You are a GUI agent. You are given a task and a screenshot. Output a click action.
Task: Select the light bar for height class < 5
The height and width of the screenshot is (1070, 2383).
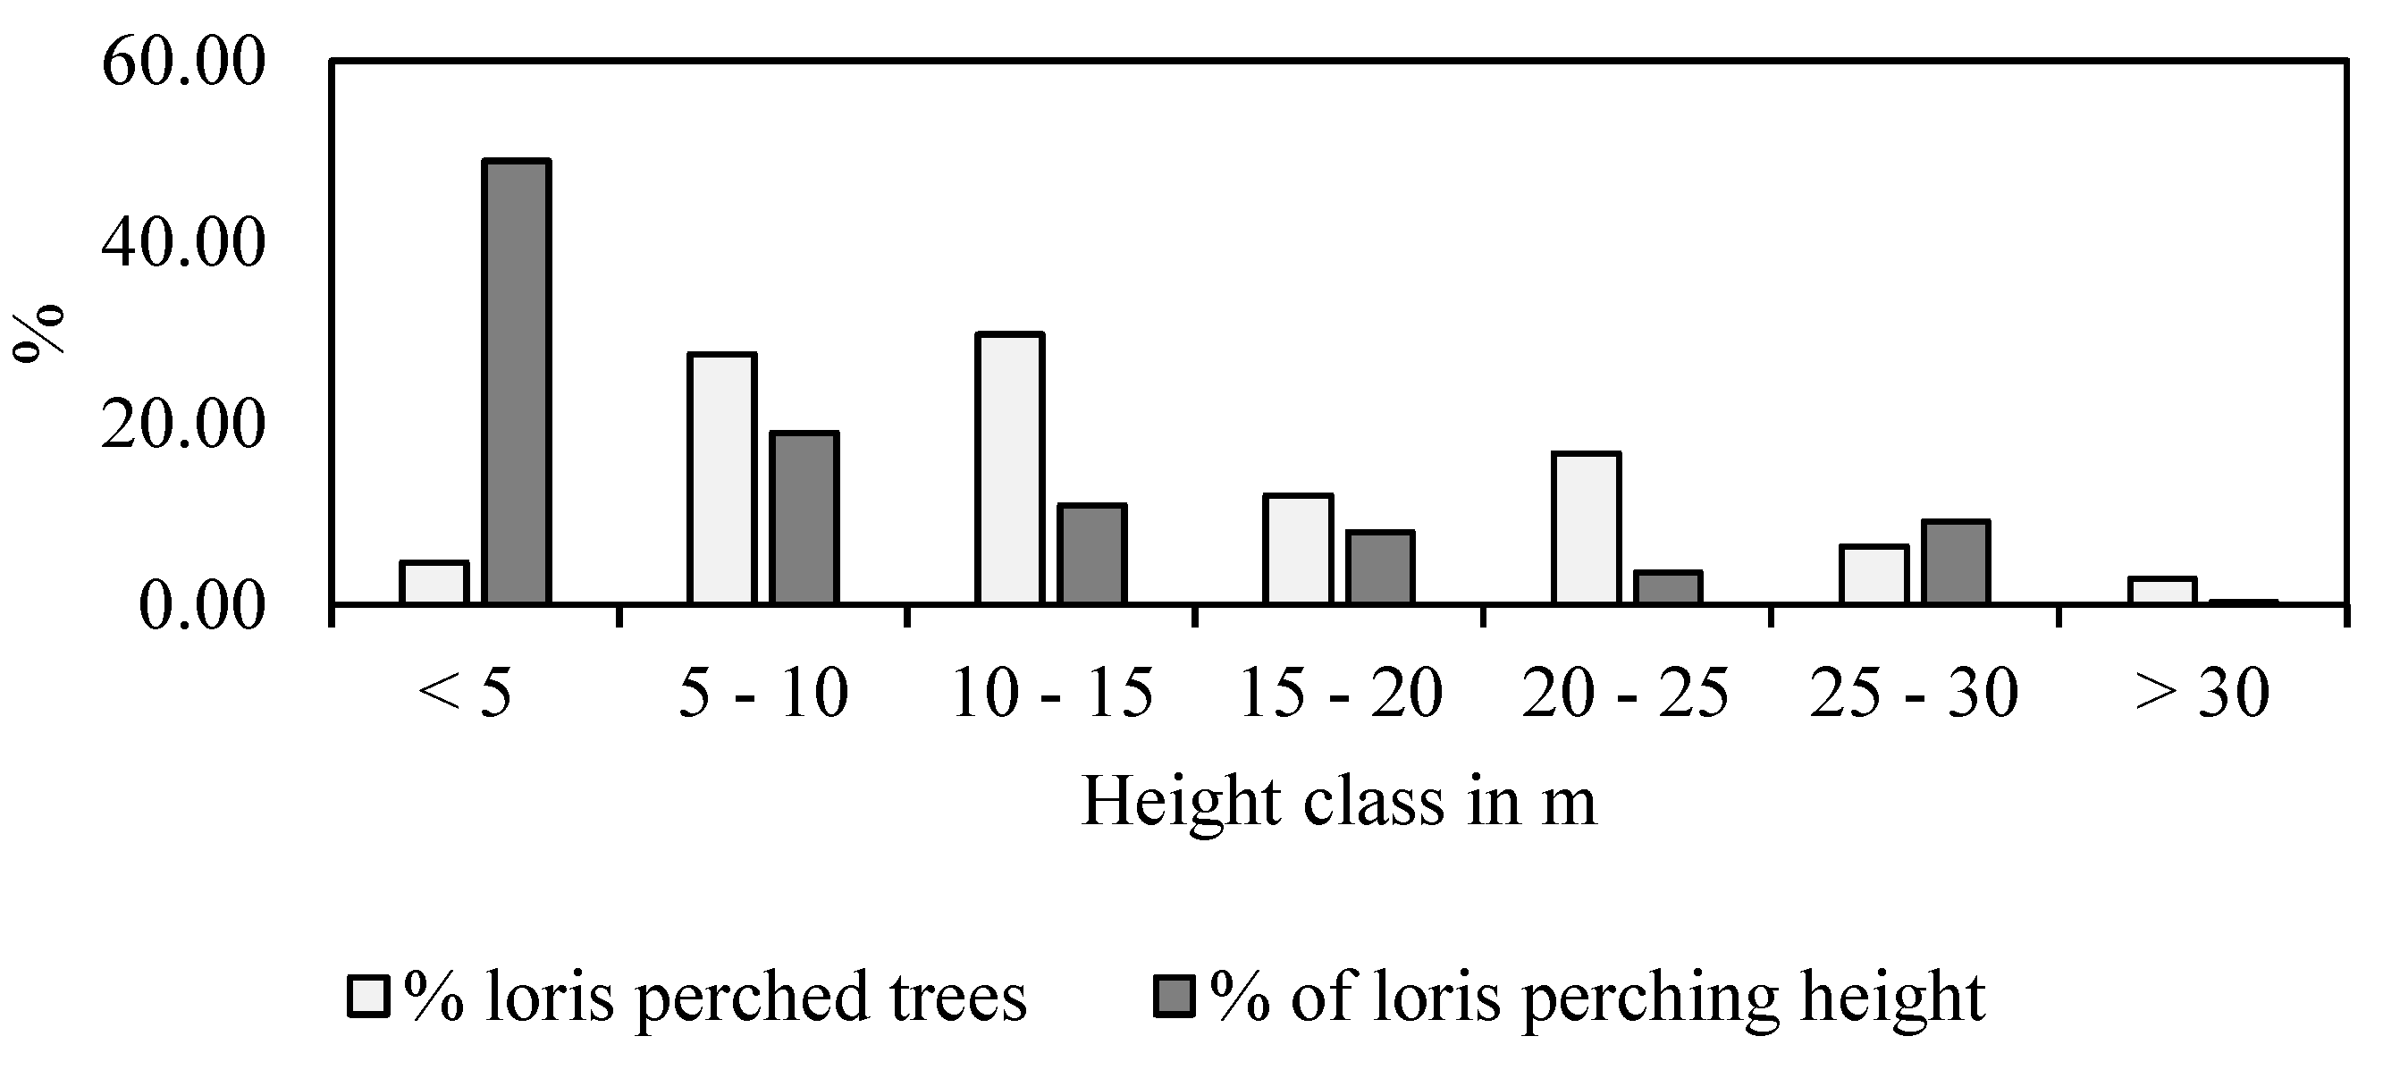pos(434,582)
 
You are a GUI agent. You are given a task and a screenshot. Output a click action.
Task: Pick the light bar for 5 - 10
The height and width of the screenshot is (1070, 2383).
pos(721,478)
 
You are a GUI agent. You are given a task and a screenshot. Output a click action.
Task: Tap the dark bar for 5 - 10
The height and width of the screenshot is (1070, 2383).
pos(804,517)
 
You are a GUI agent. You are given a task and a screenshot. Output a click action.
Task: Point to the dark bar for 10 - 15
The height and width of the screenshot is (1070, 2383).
pos(1092,553)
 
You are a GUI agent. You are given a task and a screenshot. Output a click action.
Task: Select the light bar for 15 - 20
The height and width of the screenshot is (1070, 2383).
pos(1298,549)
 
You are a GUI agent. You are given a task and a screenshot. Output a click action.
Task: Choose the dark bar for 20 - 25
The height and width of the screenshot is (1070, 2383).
pos(1668,587)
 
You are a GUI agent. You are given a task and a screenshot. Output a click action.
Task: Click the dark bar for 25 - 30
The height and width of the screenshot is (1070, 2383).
pos(1956,561)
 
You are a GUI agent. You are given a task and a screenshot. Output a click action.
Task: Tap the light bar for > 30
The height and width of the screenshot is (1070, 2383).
pos(2162,590)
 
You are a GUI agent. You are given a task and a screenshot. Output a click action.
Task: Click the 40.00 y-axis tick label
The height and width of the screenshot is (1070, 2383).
pos(183,244)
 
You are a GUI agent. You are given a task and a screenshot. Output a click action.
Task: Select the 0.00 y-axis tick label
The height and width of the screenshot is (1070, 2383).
pos(202,607)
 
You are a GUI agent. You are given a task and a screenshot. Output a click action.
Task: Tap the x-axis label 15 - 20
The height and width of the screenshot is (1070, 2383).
pos(1340,694)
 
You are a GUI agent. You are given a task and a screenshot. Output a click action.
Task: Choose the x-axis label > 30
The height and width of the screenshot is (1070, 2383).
pos(2202,694)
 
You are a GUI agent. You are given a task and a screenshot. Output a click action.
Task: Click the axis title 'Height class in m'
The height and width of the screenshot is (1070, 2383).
pos(1338,801)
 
